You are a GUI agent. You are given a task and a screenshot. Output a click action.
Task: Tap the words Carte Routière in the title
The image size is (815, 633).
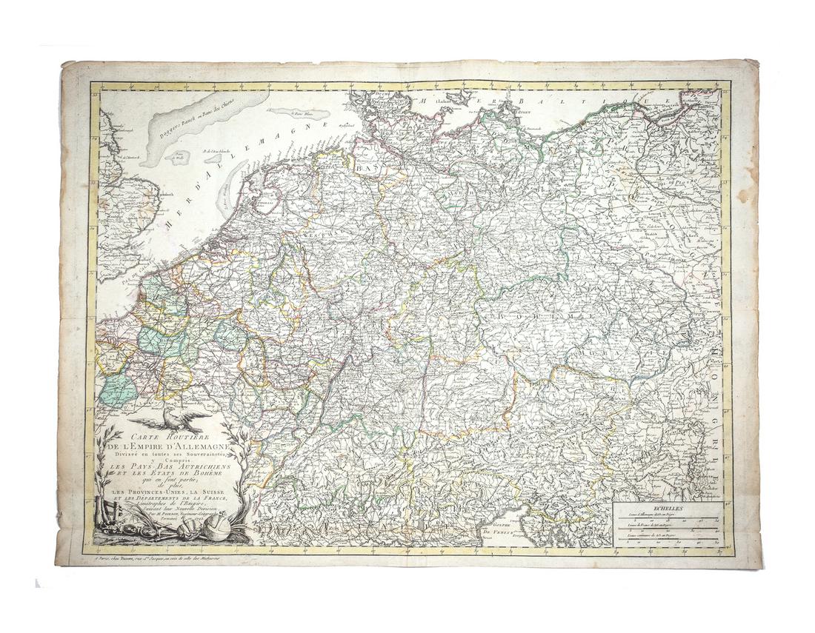[167, 437]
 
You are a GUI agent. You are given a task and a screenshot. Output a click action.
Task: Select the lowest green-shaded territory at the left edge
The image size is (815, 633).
[117, 389]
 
